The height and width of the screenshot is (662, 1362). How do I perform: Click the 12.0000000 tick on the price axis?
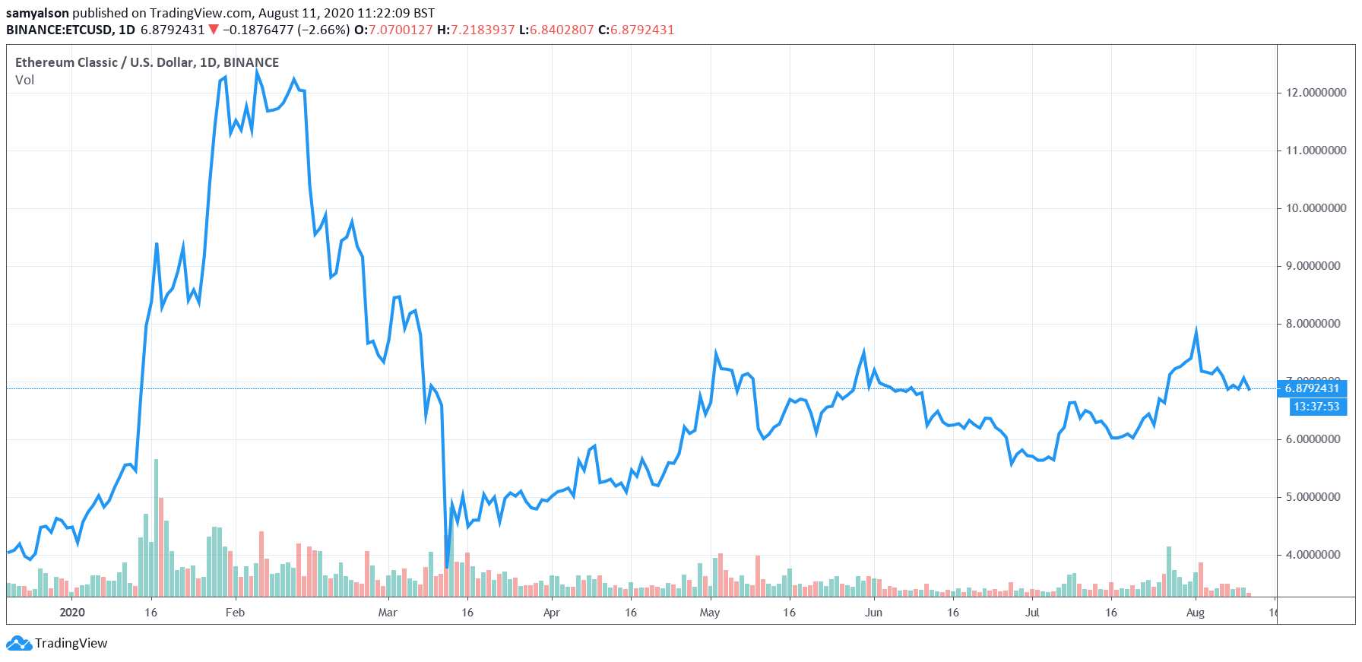pyautogui.click(x=1316, y=93)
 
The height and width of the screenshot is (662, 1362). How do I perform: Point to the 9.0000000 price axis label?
pyautogui.click(x=1316, y=266)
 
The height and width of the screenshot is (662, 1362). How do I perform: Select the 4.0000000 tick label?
pyautogui.click(x=1316, y=555)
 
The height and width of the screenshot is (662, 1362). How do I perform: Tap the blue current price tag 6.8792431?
pyautogui.click(x=1312, y=388)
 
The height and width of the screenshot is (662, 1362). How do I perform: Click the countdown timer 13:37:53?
pyautogui.click(x=1316, y=407)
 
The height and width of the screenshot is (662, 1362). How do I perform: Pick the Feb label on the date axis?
pyautogui.click(x=235, y=613)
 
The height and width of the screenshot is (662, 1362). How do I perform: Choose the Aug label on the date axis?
pyautogui.click(x=1196, y=613)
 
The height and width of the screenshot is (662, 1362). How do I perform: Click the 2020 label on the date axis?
pyautogui.click(x=72, y=613)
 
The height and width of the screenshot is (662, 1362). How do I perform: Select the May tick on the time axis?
pyautogui.click(x=709, y=613)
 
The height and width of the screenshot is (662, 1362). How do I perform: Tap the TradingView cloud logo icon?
pyautogui.click(x=18, y=644)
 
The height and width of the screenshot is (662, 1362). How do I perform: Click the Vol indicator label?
pyautogui.click(x=24, y=80)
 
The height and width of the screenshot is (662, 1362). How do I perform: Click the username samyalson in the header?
pyautogui.click(x=37, y=13)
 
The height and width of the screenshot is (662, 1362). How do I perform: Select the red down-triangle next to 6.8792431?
pyautogui.click(x=214, y=30)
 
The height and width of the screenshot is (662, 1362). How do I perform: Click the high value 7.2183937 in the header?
pyautogui.click(x=483, y=30)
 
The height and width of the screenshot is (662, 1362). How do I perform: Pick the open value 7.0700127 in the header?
pyautogui.click(x=401, y=30)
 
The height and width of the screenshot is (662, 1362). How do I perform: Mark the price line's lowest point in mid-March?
pyautogui.click(x=447, y=566)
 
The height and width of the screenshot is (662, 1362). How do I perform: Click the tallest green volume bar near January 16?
pyautogui.click(x=156, y=524)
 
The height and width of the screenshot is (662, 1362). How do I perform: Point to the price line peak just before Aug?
pyautogui.click(x=1196, y=331)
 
